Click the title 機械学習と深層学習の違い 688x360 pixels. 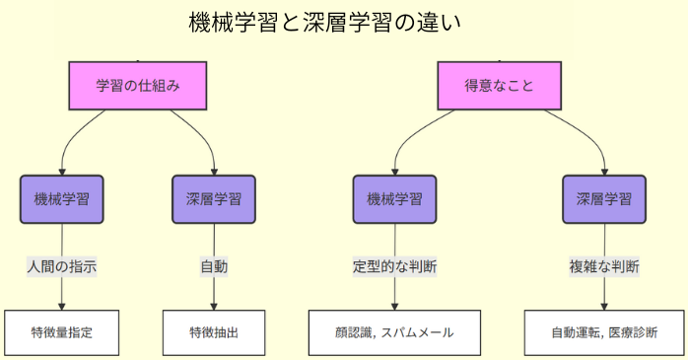coord(324,23)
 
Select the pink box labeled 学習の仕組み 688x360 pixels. coord(138,86)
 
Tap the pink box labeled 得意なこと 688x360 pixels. coord(500,86)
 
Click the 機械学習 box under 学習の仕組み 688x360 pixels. coord(62,199)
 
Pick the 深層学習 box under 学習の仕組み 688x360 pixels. coord(214,199)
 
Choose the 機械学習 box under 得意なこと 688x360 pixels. coord(395,199)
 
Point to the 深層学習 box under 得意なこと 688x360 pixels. coord(604,199)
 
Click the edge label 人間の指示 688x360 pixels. coord(62,266)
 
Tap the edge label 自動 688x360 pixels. coord(214,266)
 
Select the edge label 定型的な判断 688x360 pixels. coord(395,266)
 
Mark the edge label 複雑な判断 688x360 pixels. coord(604,266)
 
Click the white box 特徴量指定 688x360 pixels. coord(62,332)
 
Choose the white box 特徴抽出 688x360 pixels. coord(214,332)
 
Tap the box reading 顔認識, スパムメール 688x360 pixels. coord(395,332)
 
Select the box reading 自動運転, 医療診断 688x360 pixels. coord(604,332)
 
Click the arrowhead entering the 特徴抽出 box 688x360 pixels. coord(214,306)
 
